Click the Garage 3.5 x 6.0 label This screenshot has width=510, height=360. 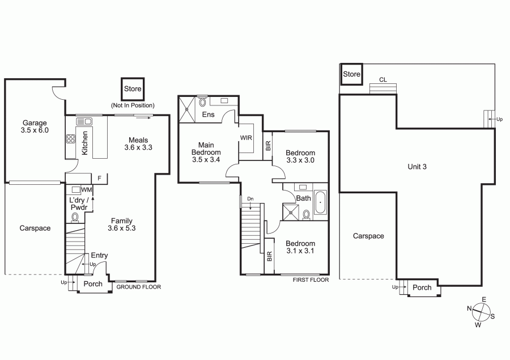pos(35,126)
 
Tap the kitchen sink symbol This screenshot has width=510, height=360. pos(84,121)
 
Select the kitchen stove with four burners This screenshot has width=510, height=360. pos(71,139)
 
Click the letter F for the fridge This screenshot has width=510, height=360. pos(100,179)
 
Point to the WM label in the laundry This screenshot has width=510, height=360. pos(87,190)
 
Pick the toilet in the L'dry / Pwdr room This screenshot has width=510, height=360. pos(75,218)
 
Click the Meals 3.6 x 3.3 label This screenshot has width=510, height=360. pos(138,143)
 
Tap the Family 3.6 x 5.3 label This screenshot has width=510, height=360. pos(122,225)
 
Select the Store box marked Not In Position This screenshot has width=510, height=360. pos(133,89)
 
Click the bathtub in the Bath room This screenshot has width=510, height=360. pos(320,202)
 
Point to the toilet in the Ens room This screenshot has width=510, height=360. pos(203,102)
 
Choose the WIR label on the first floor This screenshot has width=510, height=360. pos(246,138)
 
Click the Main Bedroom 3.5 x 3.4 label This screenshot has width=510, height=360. pos(206,152)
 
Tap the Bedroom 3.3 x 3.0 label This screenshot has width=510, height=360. pos(300,156)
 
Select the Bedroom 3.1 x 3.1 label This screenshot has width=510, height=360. pos(300,247)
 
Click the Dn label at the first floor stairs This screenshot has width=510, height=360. pos(250,199)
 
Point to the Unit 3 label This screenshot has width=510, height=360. pos(417,167)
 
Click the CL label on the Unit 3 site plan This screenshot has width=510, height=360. pos(383,80)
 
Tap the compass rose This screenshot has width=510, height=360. pos(481,312)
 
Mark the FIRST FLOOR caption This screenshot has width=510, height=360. pos(311,279)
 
